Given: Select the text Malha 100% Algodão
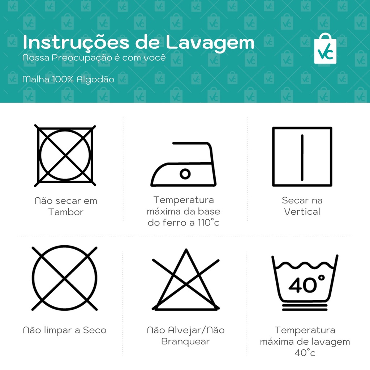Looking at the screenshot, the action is [68, 79].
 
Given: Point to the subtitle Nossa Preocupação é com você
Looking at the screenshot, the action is [94, 58].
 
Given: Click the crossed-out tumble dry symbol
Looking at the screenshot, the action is [65, 155].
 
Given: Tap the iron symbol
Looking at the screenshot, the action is [184, 164].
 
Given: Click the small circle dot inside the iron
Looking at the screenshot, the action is [185, 174].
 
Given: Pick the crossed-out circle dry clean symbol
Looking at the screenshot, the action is [64, 279].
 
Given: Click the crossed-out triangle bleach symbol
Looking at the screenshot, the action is [186, 280].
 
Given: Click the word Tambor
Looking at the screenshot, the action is [66, 212].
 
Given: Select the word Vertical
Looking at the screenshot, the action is [302, 211].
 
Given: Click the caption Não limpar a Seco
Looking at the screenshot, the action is [65, 330].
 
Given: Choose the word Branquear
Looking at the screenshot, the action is [185, 341].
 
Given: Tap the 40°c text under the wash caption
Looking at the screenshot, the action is [305, 353].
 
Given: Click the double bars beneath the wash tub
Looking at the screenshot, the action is [305, 307].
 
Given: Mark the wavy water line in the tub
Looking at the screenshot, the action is [305, 265].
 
